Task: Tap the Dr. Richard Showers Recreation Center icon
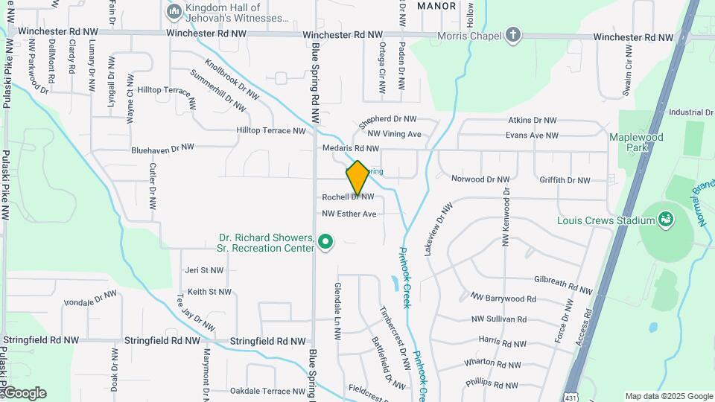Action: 325,242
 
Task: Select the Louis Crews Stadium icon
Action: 666,220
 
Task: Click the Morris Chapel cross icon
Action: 512,34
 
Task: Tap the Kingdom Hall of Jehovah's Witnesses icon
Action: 174,11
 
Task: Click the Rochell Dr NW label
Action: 348,197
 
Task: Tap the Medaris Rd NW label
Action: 351,148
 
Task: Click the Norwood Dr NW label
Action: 480,179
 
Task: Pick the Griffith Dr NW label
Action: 565,180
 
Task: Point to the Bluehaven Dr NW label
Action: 162,149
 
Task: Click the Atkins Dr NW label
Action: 532,120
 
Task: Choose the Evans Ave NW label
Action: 532,135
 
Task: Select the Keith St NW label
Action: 209,292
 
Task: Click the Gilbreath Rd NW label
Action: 563,284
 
